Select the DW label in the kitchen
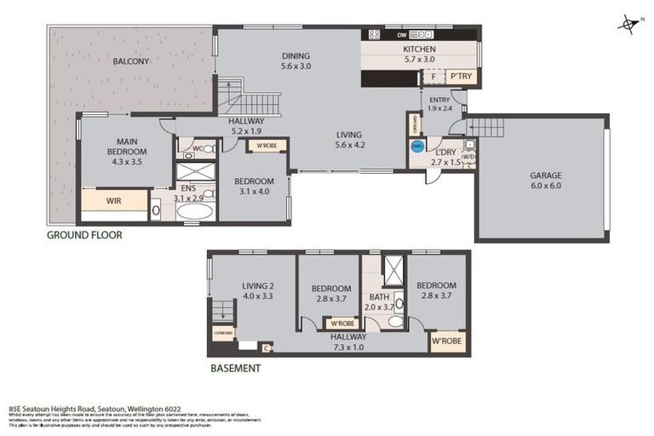pos(402,36)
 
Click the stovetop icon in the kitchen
pos(374,36)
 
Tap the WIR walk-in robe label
pos(113,202)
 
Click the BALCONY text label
pos(131,62)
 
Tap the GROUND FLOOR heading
pos(84,235)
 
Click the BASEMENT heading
pos(234,369)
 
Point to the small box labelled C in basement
pos(267,347)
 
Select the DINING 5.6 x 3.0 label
pos(295,61)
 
